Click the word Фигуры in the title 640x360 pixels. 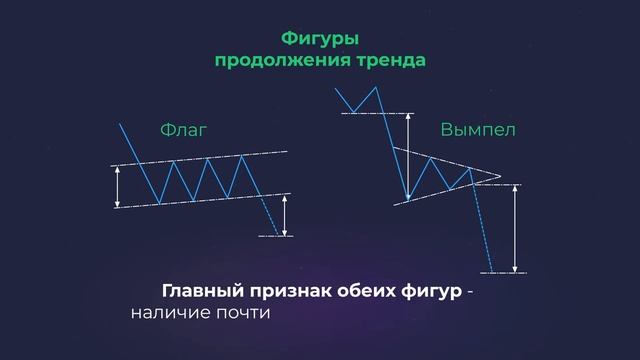pyautogui.click(x=319, y=39)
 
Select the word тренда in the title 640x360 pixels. pyautogui.click(x=390, y=60)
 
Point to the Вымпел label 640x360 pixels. pyautogui.click(x=478, y=131)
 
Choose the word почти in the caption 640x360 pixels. pyautogui.click(x=243, y=313)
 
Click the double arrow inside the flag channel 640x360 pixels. pyautogui.click(x=118, y=185)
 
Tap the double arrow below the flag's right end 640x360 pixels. pyautogui.click(x=285, y=214)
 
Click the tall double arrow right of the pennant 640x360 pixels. pyautogui.click(x=515, y=228)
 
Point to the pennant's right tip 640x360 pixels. pyautogui.click(x=499, y=177)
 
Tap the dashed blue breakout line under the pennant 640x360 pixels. pyautogui.click(x=483, y=230)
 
